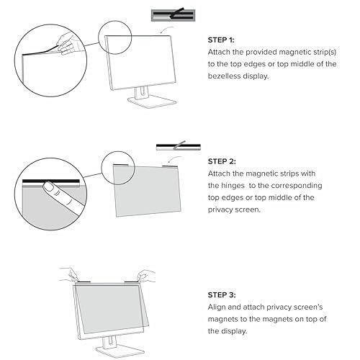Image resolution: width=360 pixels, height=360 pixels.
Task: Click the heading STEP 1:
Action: pos(221,40)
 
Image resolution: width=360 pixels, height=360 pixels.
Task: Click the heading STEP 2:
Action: pos(222,161)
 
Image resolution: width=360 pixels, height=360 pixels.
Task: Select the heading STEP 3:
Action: pos(222,294)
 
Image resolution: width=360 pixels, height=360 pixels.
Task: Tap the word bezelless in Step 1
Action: pos(224,76)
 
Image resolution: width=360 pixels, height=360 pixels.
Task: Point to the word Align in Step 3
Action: pos(217,307)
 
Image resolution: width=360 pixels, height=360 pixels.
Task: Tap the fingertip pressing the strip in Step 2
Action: pos(49,186)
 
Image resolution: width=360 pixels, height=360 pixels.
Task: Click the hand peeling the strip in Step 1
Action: pos(67,43)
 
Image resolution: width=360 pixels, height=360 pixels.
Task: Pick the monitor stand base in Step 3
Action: pos(120,351)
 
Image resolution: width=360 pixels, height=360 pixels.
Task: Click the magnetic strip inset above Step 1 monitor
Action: pos(173,15)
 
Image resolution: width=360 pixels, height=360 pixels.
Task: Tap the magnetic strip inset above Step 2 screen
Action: pos(179,146)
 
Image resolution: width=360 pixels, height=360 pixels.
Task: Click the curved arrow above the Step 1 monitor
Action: pos(167,30)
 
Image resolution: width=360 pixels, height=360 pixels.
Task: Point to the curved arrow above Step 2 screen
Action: pos(175,159)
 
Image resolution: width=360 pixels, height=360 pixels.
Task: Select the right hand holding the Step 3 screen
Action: pos(146,276)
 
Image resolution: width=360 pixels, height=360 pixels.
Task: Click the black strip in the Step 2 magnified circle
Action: pos(51,181)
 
